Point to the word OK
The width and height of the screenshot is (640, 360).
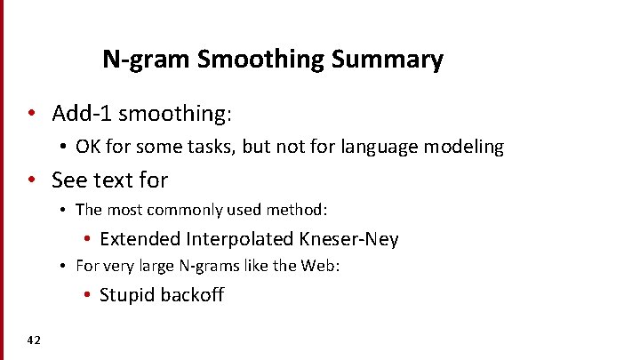pos(88,147)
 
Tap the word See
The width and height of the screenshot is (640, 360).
pos(69,180)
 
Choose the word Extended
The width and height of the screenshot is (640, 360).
pos(140,239)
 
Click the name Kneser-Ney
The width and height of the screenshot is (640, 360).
pos(350,239)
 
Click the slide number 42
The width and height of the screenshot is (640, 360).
pos(34,340)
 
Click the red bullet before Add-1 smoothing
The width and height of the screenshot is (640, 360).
pos(32,115)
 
